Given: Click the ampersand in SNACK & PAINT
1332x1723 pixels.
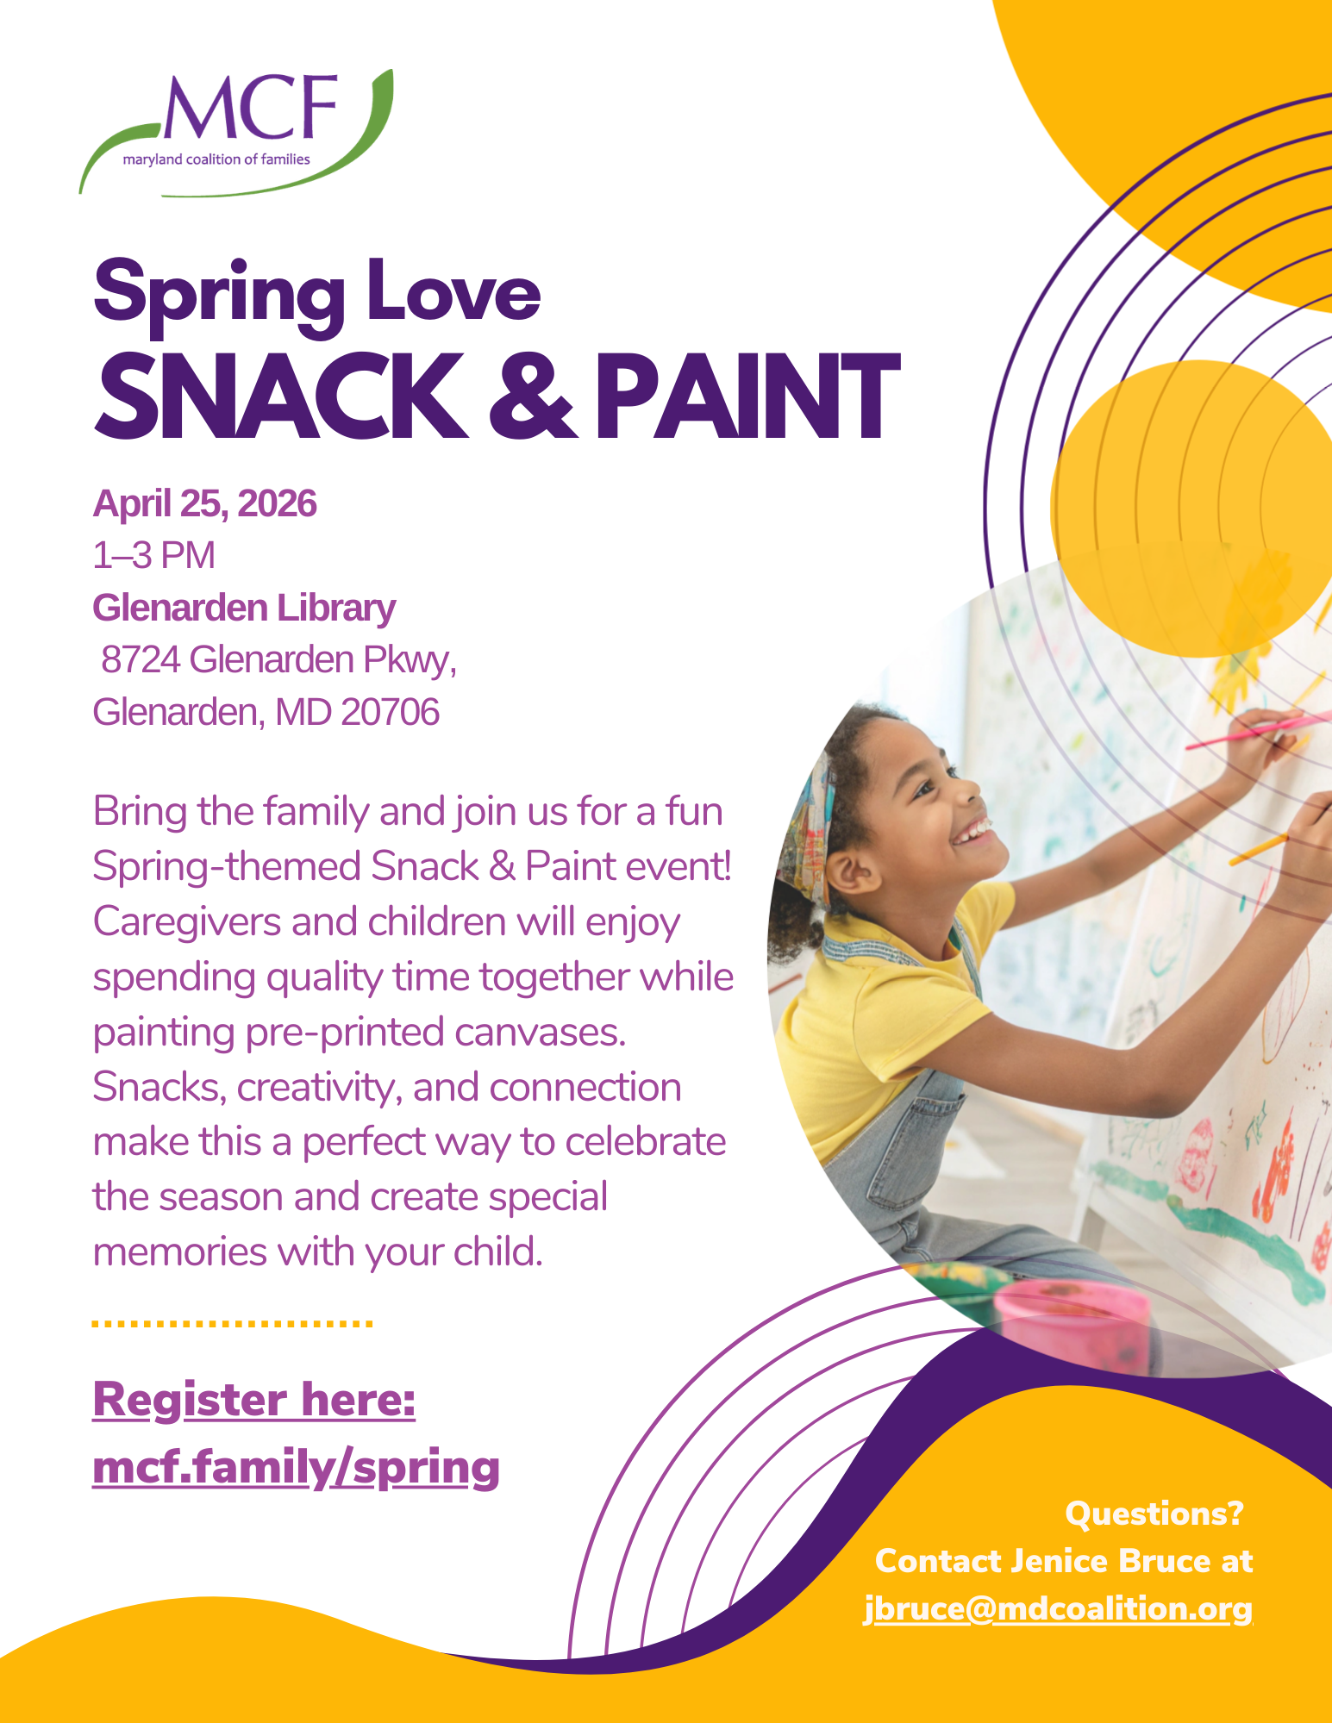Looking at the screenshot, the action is [x=529, y=396].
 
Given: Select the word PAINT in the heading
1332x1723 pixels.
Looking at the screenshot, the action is [x=747, y=396].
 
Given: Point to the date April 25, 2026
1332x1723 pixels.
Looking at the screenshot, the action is [x=205, y=503].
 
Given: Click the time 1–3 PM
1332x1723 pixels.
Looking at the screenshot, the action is [x=153, y=555].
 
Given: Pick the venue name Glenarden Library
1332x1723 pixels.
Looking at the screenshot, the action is [x=244, y=608].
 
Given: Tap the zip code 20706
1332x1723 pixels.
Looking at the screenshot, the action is [x=390, y=712].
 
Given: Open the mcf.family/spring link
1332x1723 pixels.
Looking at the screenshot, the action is [x=296, y=1466].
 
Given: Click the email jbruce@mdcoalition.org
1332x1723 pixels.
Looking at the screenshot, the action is [x=1058, y=1608].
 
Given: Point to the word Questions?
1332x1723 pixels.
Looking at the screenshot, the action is [x=1154, y=1514].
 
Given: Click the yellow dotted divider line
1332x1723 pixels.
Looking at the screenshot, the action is [x=232, y=1322].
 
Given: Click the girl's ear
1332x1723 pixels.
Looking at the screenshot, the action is [x=855, y=872].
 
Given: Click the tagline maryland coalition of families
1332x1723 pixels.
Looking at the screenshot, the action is [x=216, y=159].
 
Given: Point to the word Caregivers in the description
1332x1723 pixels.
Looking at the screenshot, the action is [x=187, y=922].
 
